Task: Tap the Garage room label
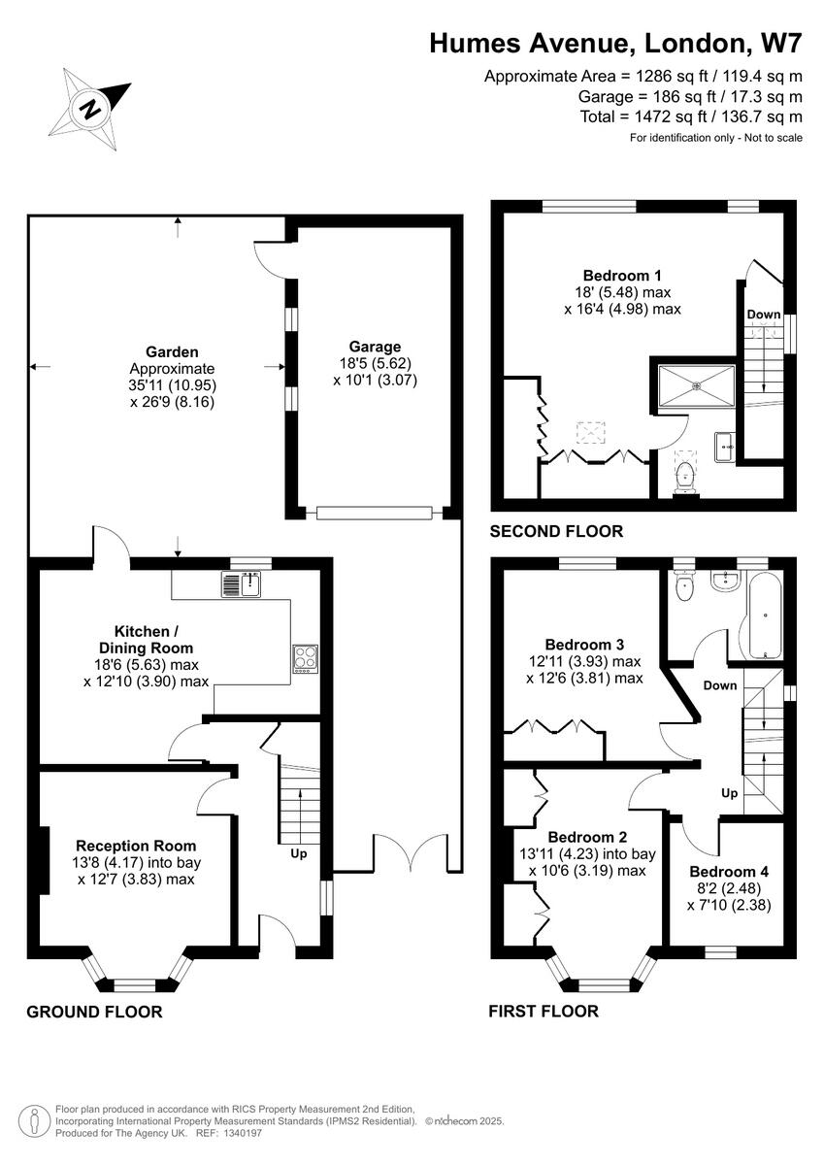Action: coord(375,347)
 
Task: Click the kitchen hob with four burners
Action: coord(306,658)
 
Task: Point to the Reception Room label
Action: coord(136,846)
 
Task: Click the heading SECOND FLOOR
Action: coord(556,531)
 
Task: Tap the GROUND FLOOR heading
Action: coord(94,1012)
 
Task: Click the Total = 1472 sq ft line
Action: coord(690,116)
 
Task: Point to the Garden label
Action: coord(172,351)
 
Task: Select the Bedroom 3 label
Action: coord(584,644)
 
